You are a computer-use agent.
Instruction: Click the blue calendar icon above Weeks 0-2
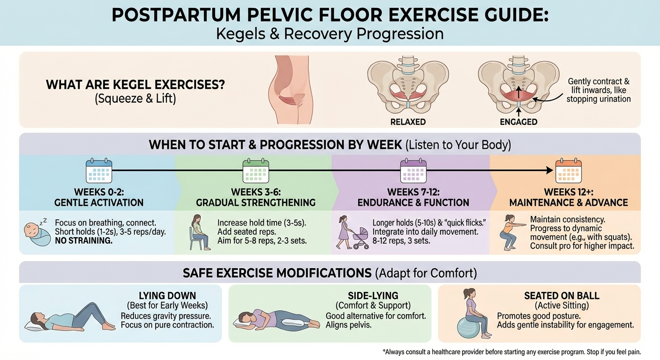(x=99, y=171)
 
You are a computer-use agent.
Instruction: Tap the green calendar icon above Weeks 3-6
(x=255, y=171)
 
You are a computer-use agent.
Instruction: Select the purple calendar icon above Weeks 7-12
(x=413, y=171)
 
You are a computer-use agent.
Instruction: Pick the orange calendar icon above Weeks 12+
(x=568, y=171)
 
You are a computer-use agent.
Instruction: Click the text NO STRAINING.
(x=83, y=241)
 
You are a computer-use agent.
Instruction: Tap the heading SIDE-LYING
(x=373, y=296)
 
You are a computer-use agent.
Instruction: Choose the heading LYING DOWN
(x=167, y=296)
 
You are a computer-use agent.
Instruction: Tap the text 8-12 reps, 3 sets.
(x=401, y=241)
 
